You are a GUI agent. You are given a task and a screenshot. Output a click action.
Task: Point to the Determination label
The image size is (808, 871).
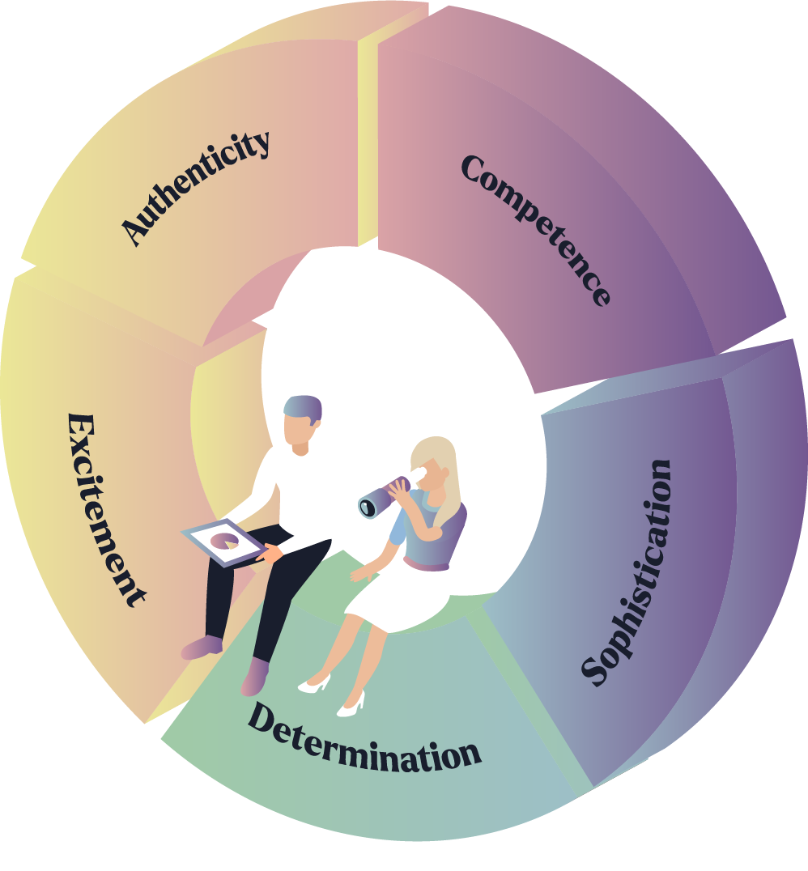(364, 739)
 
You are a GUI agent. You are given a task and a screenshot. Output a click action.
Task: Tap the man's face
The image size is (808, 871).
(299, 435)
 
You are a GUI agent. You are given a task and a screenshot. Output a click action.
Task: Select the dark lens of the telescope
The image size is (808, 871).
(368, 507)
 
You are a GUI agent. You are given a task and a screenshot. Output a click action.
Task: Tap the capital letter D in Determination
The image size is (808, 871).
(262, 717)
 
